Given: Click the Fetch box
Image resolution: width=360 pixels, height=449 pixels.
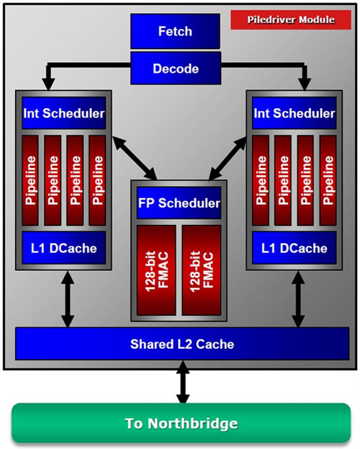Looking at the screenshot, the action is (175, 31).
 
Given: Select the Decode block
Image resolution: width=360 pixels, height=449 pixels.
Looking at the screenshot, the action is (176, 68).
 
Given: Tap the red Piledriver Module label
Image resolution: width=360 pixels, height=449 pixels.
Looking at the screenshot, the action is (291, 19).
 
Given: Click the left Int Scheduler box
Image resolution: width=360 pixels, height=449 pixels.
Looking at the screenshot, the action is (64, 113).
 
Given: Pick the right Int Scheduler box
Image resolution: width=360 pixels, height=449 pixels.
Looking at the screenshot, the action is (294, 113).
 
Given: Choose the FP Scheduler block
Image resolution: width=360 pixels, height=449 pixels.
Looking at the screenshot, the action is (179, 203).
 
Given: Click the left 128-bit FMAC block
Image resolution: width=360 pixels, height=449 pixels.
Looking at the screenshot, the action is (156, 270).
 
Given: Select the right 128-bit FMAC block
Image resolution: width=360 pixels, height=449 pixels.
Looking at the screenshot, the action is (202, 270).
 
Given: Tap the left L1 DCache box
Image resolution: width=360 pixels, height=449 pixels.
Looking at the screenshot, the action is (64, 248).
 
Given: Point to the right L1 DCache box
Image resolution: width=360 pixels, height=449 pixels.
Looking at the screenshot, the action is (294, 248).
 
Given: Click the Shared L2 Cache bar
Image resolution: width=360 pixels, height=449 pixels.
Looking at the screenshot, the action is (182, 344).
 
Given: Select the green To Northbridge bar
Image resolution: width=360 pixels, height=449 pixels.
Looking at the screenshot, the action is (181, 423).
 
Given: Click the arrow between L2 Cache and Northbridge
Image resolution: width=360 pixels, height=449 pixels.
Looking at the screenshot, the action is (183, 382).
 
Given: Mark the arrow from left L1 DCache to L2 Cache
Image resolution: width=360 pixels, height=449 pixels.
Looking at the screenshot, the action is (68, 298).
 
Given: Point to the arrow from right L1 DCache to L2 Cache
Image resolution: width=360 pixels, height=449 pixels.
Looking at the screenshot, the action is (298, 298).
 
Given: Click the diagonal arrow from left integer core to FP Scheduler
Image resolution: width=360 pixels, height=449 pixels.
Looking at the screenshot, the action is (135, 158).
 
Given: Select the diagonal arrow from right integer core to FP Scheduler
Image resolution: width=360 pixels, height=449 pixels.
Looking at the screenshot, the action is (228, 158).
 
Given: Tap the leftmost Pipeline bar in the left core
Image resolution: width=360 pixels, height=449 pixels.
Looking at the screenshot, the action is (30, 180).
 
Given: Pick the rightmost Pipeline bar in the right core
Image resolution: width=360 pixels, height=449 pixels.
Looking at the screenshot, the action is (328, 180).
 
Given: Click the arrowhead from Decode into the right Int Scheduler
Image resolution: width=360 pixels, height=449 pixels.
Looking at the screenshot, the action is (305, 84).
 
